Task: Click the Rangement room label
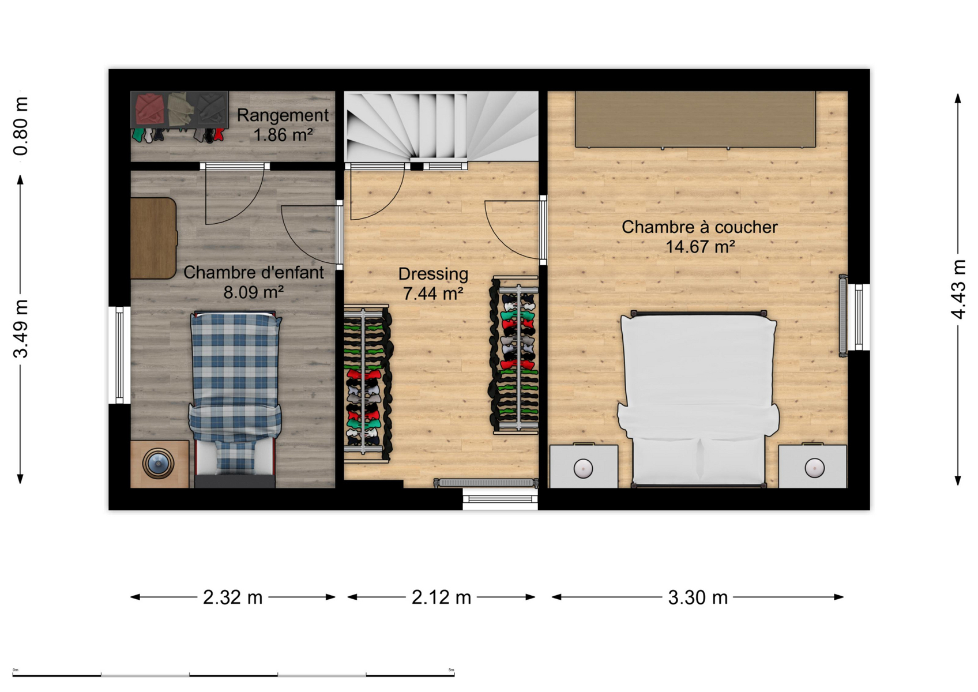pyautogui.click(x=283, y=115)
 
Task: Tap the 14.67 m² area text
pyautogui.click(x=700, y=247)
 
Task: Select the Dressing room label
pyautogui.click(x=433, y=274)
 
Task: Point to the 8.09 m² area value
pyautogui.click(x=254, y=292)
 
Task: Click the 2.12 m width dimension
pyautogui.click(x=441, y=597)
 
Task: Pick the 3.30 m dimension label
pyautogui.click(x=698, y=597)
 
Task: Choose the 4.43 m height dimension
pyautogui.click(x=959, y=289)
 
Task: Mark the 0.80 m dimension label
pyautogui.click(x=21, y=126)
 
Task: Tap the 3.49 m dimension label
pyautogui.click(x=21, y=329)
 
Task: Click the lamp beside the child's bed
pyautogui.click(x=158, y=463)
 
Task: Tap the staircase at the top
pyautogui.click(x=441, y=127)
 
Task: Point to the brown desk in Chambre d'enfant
pyautogui.click(x=154, y=238)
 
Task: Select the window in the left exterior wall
pyautogui.click(x=119, y=355)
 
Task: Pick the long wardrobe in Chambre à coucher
pyautogui.click(x=695, y=119)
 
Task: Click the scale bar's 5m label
pyautogui.click(x=452, y=670)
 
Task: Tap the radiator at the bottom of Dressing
pyautogui.click(x=486, y=483)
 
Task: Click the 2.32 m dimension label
pyautogui.click(x=233, y=597)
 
